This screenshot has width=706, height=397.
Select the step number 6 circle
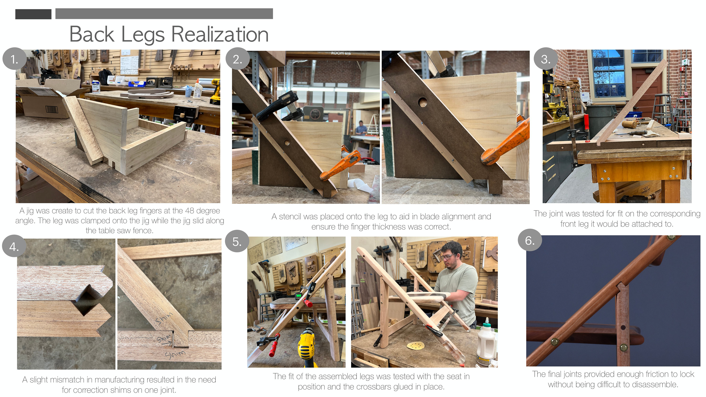click(x=530, y=240)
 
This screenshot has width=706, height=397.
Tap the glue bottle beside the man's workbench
click(x=486, y=342)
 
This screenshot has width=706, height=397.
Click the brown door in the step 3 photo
click(x=647, y=88)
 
